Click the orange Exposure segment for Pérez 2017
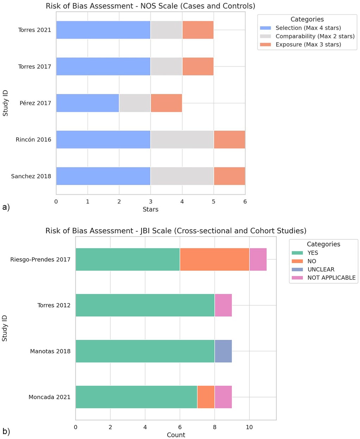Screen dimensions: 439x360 point(166,103)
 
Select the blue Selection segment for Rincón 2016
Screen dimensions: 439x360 point(103,139)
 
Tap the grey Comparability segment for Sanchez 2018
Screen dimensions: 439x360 point(182,176)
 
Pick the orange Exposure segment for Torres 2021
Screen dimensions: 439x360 point(198,30)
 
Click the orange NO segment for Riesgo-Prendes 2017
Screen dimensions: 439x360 point(215,259)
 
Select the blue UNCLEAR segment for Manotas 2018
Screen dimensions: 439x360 point(223,351)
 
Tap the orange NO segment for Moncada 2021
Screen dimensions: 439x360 point(206,397)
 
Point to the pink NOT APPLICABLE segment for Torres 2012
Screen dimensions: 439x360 point(223,305)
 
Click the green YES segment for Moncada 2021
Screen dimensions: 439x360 point(136,397)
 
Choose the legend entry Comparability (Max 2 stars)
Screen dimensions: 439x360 point(315,36)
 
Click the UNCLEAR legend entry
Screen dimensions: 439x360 point(321,269)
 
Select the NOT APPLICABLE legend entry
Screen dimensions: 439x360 point(331,278)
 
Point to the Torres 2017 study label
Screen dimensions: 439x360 point(35,67)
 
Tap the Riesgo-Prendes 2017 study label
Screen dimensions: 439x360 point(40,259)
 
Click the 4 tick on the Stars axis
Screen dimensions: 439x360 point(182,202)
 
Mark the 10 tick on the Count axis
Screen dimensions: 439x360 point(249,427)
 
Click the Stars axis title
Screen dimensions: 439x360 point(150,209)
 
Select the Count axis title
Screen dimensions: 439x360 point(176,435)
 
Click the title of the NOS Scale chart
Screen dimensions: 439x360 point(150,6)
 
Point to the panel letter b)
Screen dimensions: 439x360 point(6,432)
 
